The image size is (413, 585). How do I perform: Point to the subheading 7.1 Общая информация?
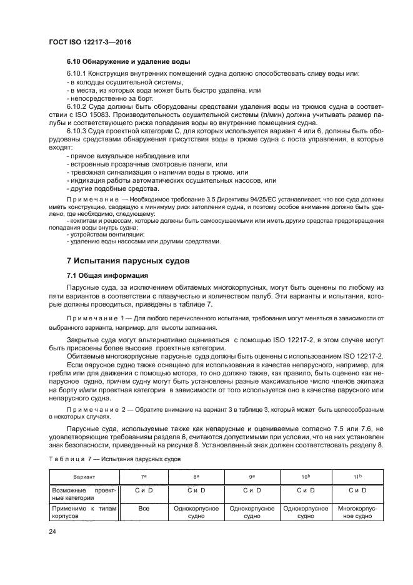click(x=107, y=275)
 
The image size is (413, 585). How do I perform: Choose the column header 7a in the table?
click(x=144, y=477)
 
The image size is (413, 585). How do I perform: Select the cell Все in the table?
click(x=144, y=509)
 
